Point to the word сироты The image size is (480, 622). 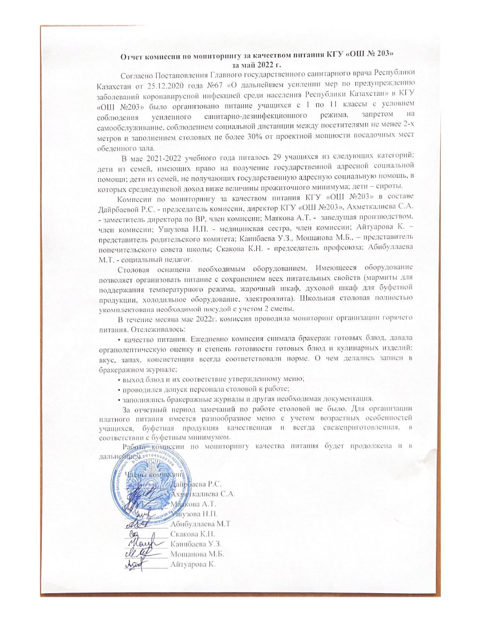[391, 187]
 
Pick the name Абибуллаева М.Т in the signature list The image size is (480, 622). [200, 524]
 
